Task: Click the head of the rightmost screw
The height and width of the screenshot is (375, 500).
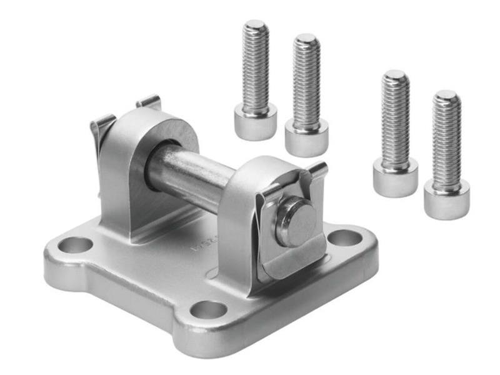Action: click(x=446, y=198)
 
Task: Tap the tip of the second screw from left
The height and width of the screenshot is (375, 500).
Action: click(x=306, y=39)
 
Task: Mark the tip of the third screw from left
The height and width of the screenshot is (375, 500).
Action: click(x=395, y=75)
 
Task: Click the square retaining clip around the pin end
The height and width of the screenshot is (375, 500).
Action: click(x=294, y=247)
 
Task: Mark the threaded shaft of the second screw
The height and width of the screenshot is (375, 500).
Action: click(x=306, y=81)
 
